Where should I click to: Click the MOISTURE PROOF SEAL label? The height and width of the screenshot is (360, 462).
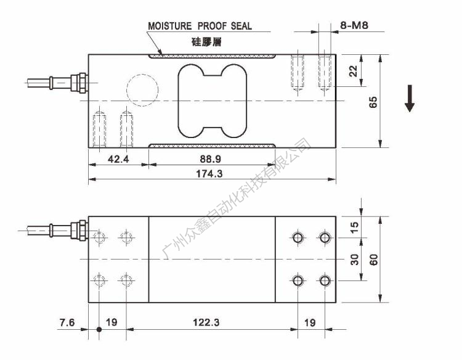[200, 27]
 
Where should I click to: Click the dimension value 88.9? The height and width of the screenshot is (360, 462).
[211, 158]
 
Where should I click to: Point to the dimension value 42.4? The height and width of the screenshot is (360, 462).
[118, 158]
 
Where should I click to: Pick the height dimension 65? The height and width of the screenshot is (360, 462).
[373, 101]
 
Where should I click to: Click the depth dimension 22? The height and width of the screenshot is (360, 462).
[353, 71]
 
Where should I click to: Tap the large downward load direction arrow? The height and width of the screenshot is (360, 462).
[410, 99]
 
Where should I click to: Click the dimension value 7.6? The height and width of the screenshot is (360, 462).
[68, 322]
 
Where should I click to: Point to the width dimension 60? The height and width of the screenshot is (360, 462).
[373, 260]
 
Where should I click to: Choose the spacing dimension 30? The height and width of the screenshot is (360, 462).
[354, 260]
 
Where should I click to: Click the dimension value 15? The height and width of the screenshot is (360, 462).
[354, 226]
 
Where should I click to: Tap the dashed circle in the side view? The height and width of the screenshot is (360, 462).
[144, 91]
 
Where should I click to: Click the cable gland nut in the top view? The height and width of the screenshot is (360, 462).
[78, 229]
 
